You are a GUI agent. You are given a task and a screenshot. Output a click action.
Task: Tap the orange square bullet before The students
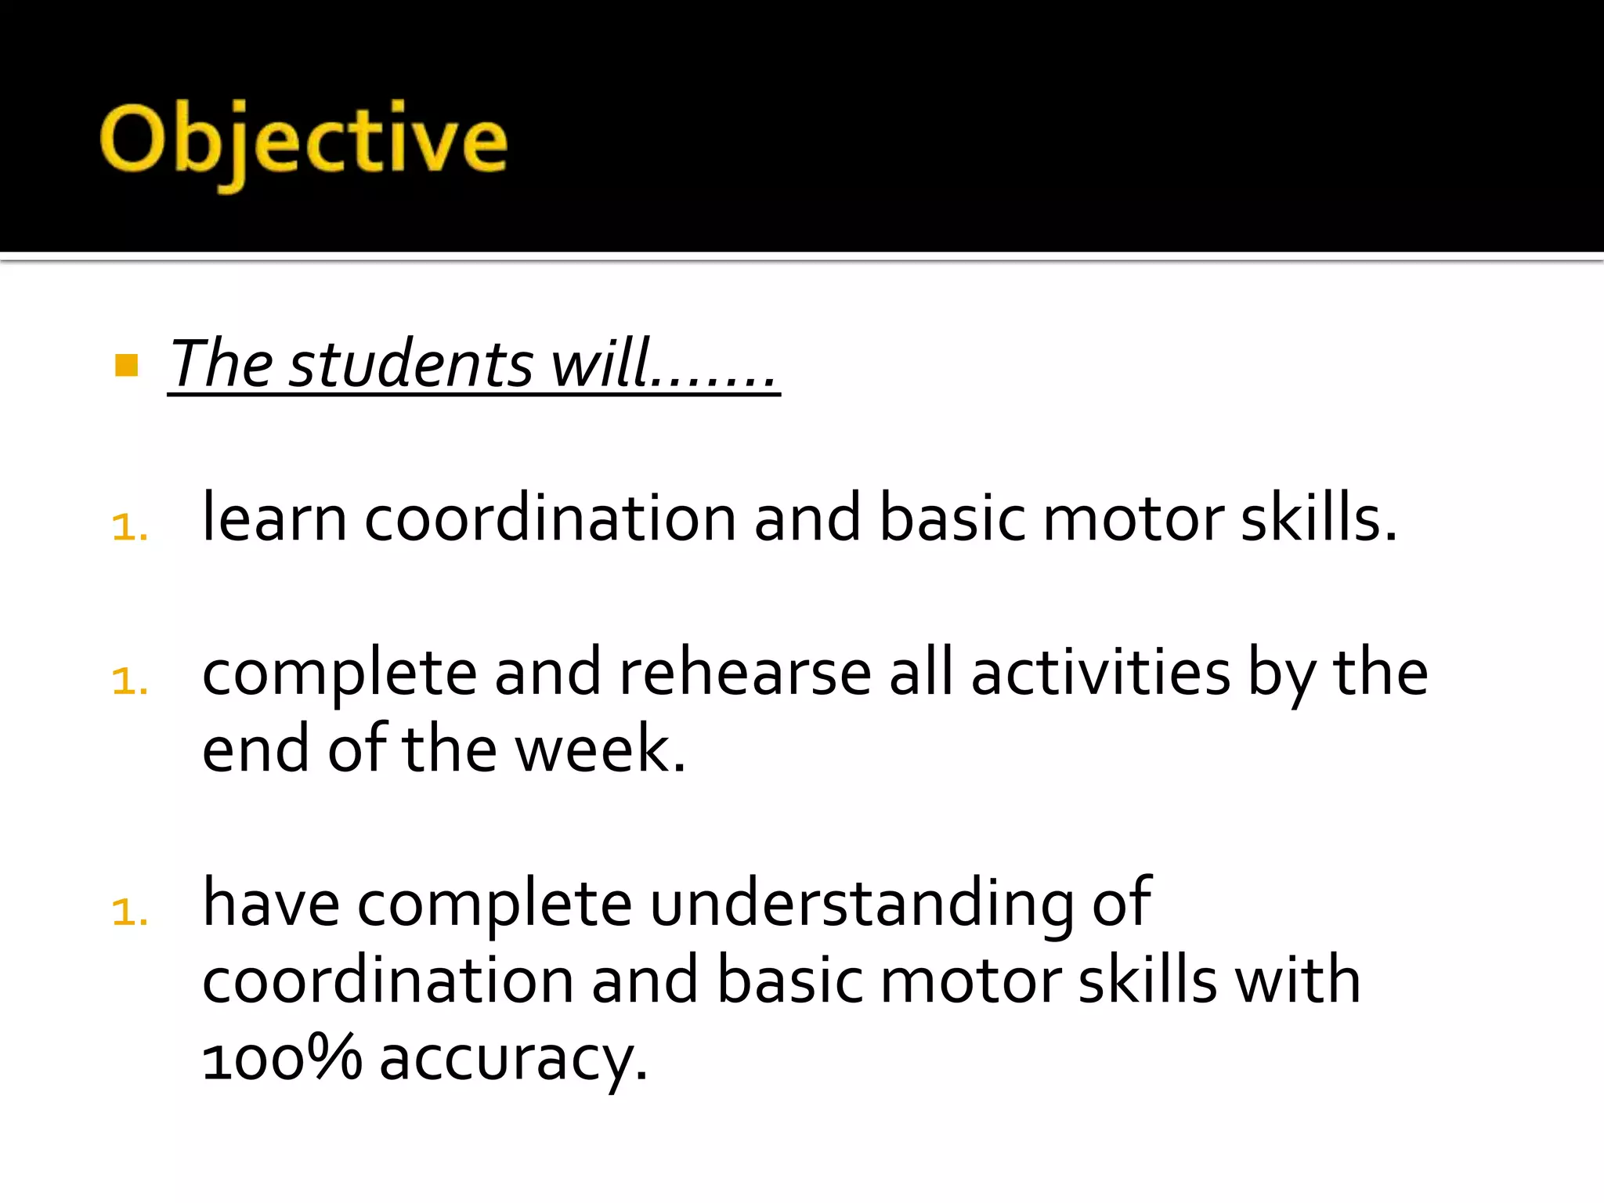coord(126,365)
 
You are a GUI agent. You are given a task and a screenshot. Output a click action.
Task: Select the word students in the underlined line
coord(410,365)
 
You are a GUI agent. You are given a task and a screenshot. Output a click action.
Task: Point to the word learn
coord(274,518)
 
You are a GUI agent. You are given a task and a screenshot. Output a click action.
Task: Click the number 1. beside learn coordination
coord(130,527)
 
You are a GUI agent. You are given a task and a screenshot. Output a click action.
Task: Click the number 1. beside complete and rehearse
coord(130,681)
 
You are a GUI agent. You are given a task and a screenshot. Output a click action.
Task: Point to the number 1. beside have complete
coord(130,912)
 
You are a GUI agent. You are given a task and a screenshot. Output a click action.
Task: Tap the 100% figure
coord(282,1057)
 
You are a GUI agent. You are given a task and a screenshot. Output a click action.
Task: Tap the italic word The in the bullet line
coord(222,365)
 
